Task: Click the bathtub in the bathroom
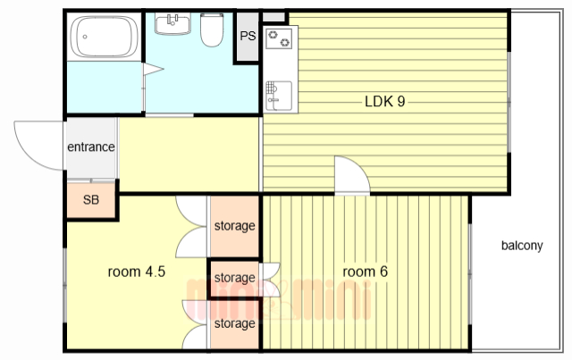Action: click(105, 37)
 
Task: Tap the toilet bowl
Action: click(212, 30)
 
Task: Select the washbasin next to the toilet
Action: click(172, 24)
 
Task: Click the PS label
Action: click(248, 36)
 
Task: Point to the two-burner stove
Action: click(279, 38)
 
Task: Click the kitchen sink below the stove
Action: click(279, 96)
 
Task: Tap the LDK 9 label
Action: click(385, 102)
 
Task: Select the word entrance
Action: click(91, 147)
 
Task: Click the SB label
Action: click(91, 199)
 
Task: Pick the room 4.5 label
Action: click(137, 272)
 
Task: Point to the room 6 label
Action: click(366, 272)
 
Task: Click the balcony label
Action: click(522, 246)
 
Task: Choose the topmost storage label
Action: click(234, 226)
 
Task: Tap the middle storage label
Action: click(234, 278)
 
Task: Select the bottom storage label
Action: click(234, 323)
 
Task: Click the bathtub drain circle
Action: click(85, 37)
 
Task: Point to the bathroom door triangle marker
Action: click(153, 69)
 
